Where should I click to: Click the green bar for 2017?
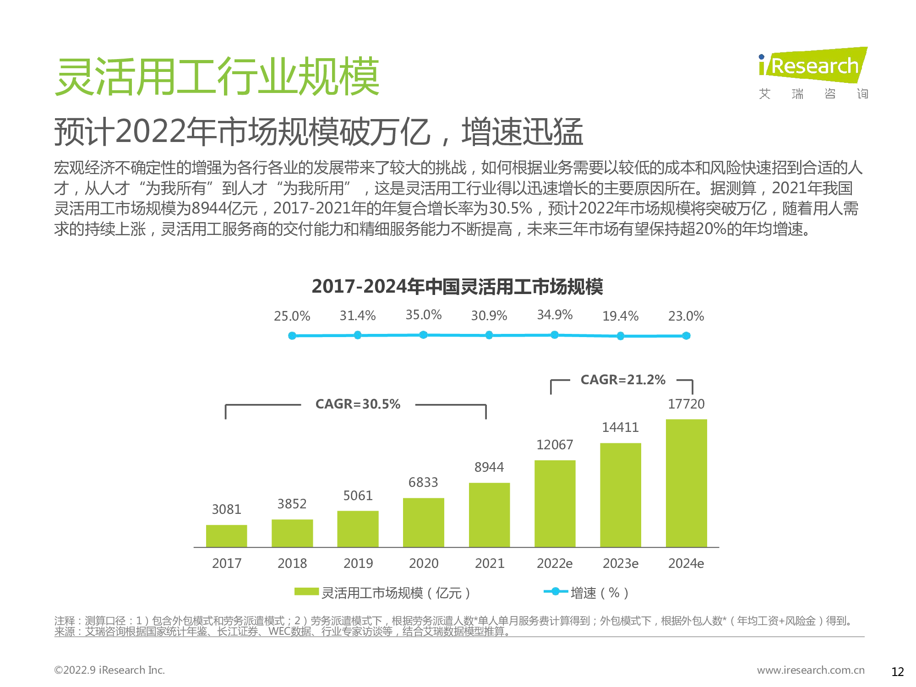(226, 536)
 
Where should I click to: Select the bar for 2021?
(489, 515)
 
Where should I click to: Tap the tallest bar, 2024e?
(686, 483)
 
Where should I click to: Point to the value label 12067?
(555, 445)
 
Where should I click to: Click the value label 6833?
(423, 482)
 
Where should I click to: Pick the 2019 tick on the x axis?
(358, 563)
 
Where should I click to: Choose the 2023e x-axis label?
(620, 563)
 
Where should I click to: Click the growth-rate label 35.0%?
(424, 315)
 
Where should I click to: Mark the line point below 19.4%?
(621, 336)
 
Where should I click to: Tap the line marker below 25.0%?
(292, 336)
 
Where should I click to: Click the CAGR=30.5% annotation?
(358, 404)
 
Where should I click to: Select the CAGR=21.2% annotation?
(623, 380)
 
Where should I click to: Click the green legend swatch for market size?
(306, 592)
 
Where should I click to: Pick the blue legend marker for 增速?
(556, 592)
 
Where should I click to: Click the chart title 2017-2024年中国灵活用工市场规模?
(457, 287)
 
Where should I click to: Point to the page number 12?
(898, 671)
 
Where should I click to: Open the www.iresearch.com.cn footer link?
(811, 670)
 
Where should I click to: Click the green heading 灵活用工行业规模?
(217, 77)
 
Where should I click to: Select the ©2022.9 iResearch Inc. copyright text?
(109, 670)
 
